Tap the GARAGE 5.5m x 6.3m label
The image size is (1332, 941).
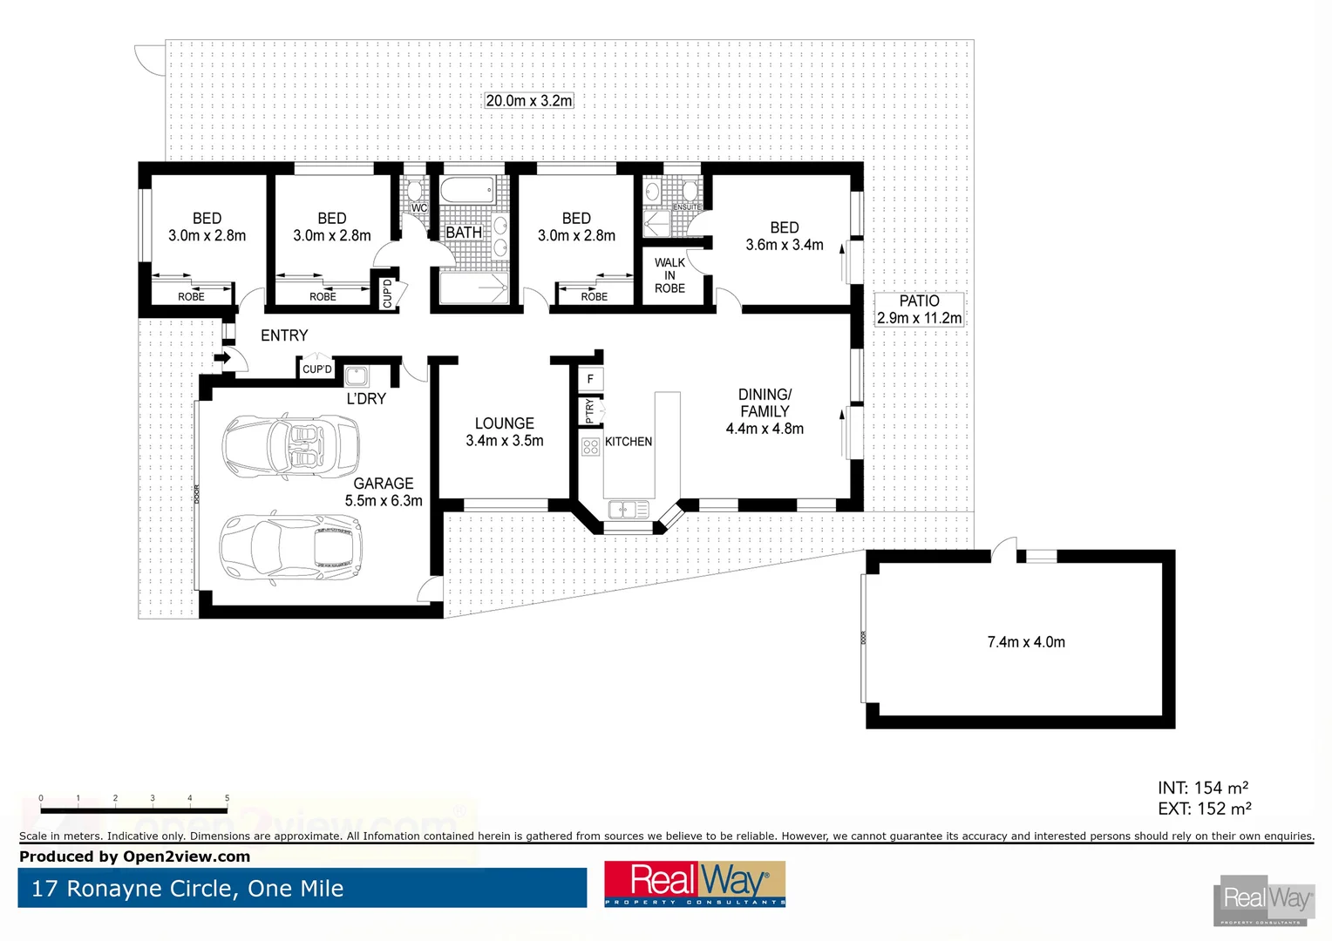(384, 492)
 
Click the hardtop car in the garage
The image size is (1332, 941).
(290, 546)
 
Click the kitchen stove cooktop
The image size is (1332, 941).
(590, 447)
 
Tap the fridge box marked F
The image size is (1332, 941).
(590, 379)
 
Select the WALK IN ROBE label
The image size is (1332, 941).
(669, 275)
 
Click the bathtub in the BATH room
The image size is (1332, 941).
(467, 190)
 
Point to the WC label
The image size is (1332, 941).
(419, 208)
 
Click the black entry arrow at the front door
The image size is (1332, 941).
(223, 357)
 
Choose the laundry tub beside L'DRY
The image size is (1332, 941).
(357, 376)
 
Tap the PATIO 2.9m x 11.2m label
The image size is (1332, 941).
(919, 309)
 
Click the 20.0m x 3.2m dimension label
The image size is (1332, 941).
(529, 101)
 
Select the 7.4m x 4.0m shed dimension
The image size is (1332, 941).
(1025, 642)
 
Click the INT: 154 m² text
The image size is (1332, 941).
(1203, 788)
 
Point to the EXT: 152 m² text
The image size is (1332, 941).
(1204, 809)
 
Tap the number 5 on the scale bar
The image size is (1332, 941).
(228, 798)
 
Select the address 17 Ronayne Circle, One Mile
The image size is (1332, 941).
(187, 889)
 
